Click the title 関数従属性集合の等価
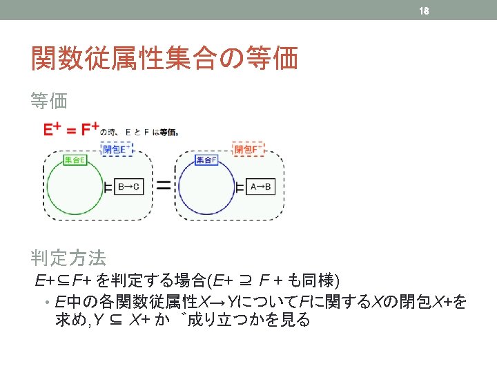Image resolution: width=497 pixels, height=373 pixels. coord(164,59)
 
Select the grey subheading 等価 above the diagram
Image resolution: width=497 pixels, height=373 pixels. coord(49,102)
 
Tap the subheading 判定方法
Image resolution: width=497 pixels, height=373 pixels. coord(68,258)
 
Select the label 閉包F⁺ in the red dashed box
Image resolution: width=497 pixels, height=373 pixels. coord(249,149)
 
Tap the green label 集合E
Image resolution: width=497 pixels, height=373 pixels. coord(75,160)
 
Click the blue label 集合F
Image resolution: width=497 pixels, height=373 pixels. coord(206,160)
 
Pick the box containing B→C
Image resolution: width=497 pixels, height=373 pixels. coord(128,186)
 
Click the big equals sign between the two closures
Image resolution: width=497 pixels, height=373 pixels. coord(164,185)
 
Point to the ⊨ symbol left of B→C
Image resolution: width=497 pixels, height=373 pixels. coord(108,186)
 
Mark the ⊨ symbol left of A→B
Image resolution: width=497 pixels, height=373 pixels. coord(240,186)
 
